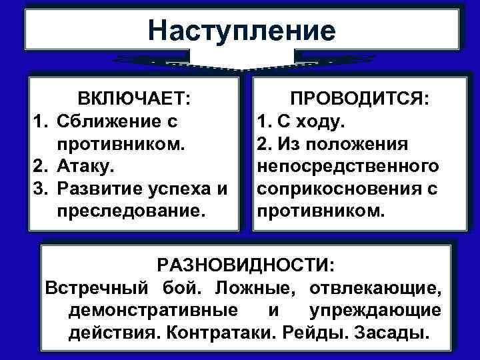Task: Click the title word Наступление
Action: tap(242, 31)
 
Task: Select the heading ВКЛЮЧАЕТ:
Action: tap(133, 100)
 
